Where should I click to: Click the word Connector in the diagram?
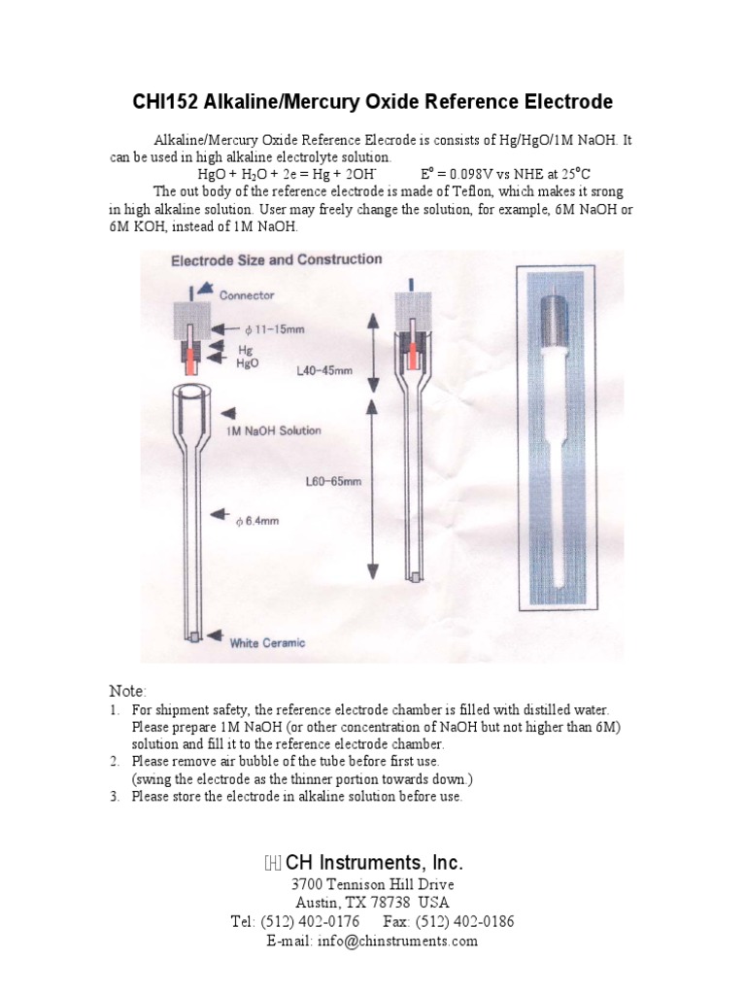(x=247, y=295)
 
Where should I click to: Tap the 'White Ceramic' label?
(x=268, y=642)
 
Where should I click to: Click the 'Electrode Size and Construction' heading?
(x=276, y=259)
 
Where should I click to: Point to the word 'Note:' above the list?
(x=127, y=691)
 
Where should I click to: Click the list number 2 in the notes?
(x=114, y=761)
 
